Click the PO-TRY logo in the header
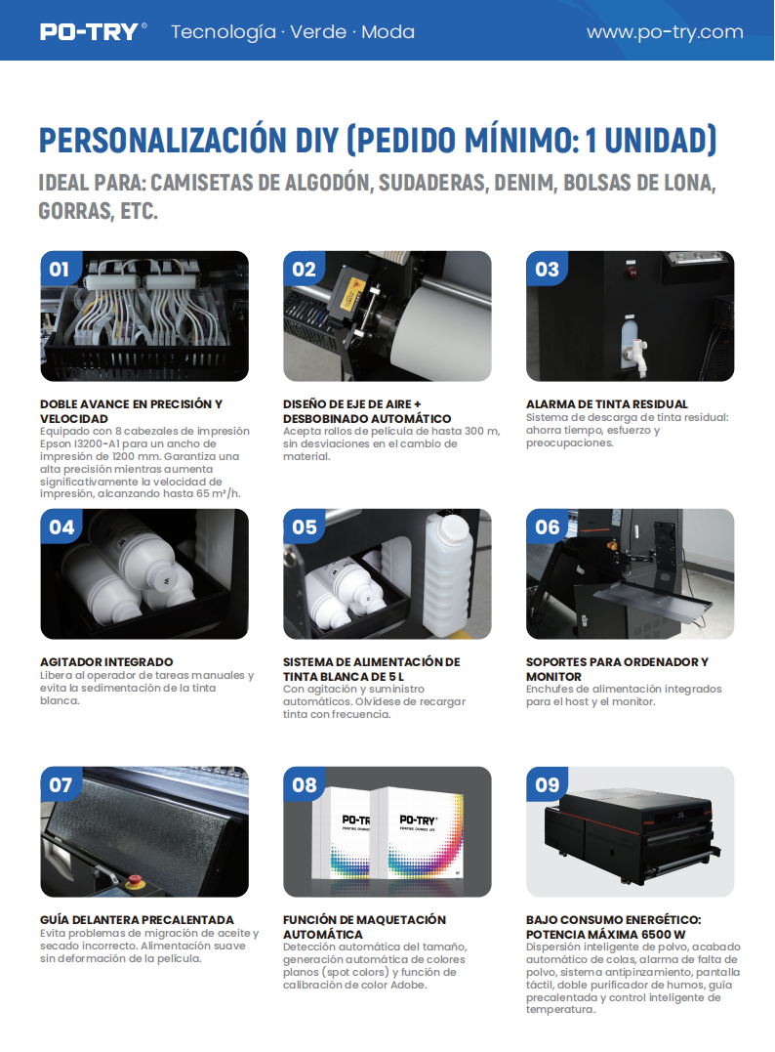tap(93, 31)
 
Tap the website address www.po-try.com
tap(665, 32)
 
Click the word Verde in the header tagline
tap(318, 31)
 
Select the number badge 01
tap(61, 269)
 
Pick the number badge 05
tap(304, 526)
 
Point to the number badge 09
tap(547, 784)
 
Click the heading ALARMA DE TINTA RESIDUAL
tap(607, 403)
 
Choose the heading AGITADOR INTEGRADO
tap(106, 661)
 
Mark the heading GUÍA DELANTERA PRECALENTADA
tap(137, 919)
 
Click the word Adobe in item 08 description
tap(408, 985)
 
